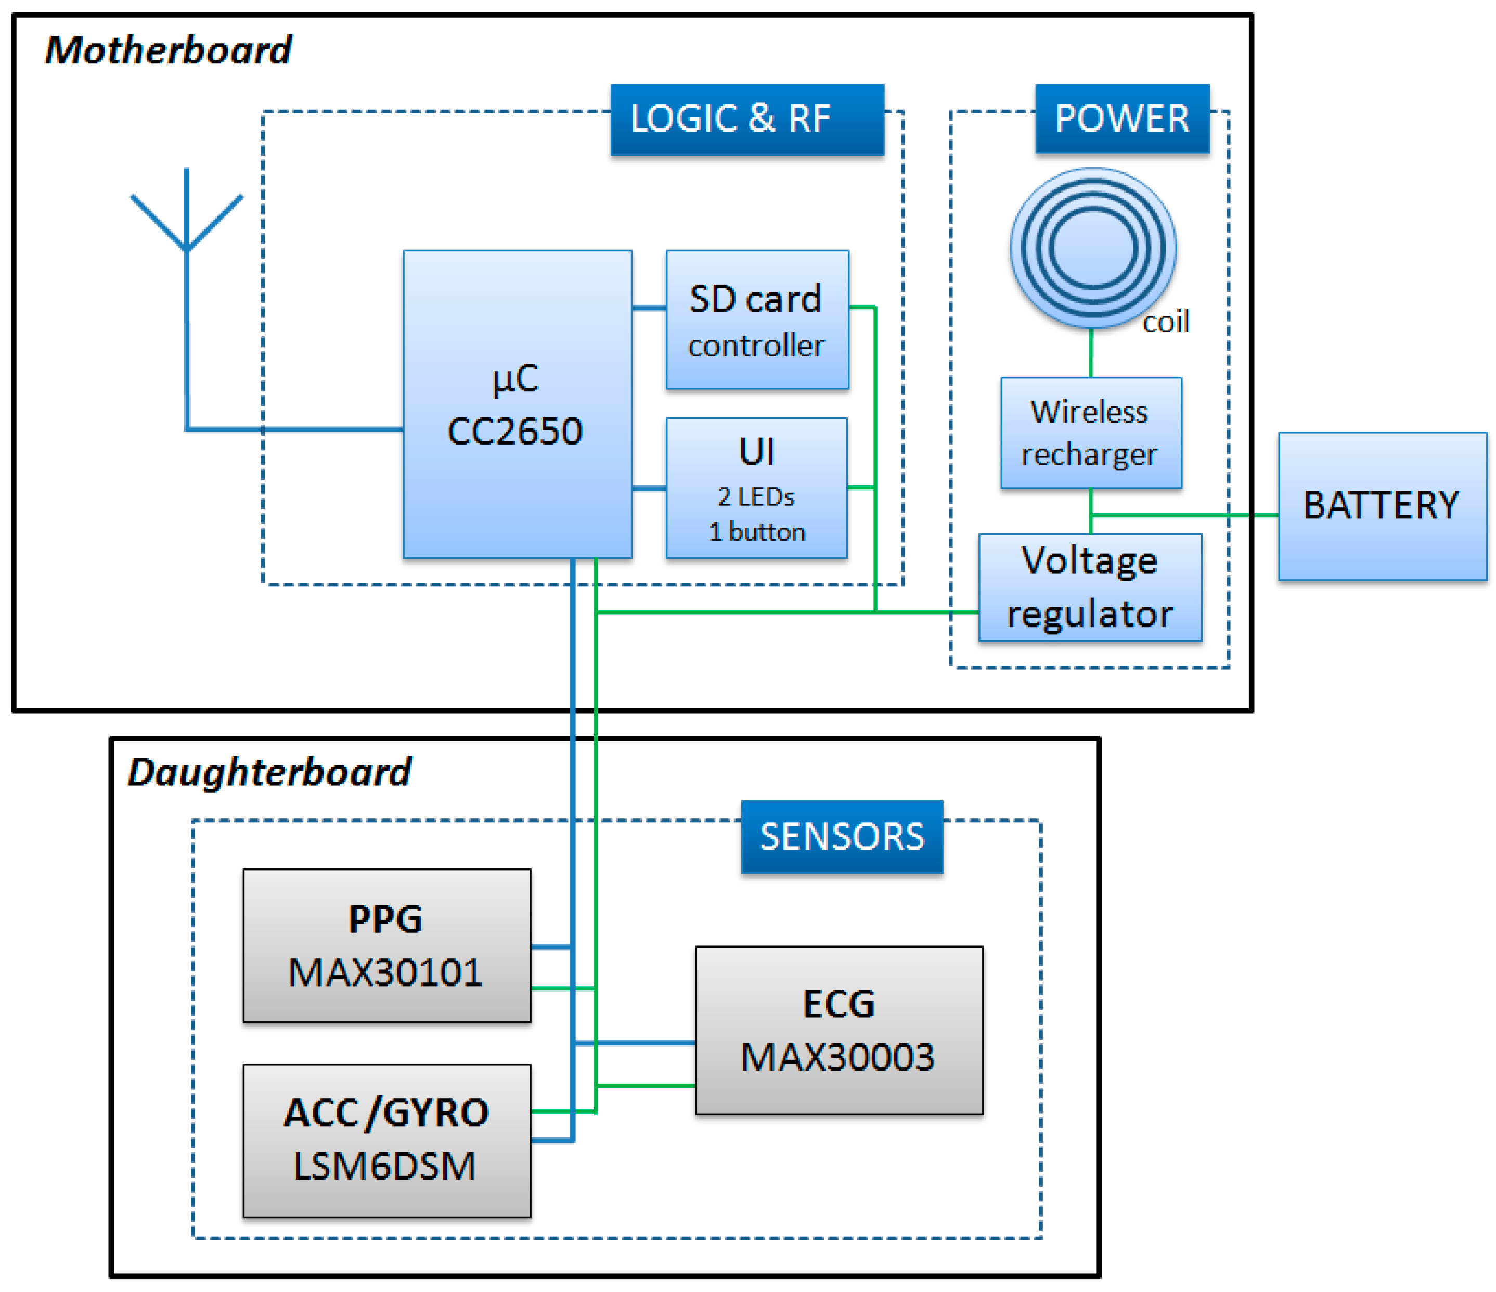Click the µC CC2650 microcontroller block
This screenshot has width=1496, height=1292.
[x=517, y=404]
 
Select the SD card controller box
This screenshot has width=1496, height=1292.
[x=757, y=320]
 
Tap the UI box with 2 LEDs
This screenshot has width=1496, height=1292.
[x=756, y=488]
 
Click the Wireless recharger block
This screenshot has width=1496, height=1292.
[x=1090, y=432]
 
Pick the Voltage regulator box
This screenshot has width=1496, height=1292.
[x=1090, y=587]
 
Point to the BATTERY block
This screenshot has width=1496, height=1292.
[x=1382, y=506]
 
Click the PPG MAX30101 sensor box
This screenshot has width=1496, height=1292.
[x=386, y=945]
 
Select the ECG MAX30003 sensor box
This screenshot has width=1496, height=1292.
[x=839, y=1030]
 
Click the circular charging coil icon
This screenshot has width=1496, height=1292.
[x=1092, y=248]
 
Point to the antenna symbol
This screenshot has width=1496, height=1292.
[x=186, y=216]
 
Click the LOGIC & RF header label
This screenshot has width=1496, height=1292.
[x=746, y=119]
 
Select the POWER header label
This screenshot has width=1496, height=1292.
[x=1121, y=119]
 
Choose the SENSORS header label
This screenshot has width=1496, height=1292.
[x=841, y=836]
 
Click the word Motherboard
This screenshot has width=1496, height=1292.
[x=167, y=50]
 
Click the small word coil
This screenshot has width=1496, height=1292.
[x=1165, y=322]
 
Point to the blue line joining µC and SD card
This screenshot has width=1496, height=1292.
[x=648, y=308]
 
